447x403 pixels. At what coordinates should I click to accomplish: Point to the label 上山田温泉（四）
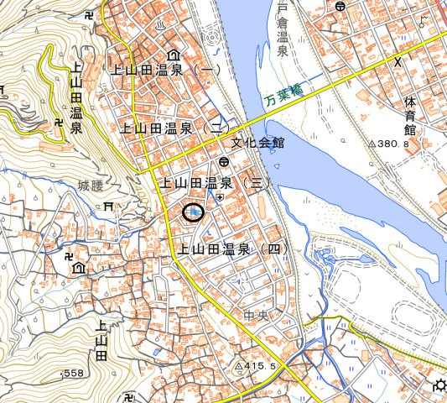231,249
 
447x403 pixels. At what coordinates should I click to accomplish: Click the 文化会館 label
258,143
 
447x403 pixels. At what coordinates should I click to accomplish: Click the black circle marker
194,213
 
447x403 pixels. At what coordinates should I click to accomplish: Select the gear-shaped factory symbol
439,386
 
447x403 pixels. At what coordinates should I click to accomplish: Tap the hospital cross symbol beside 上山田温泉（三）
220,196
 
